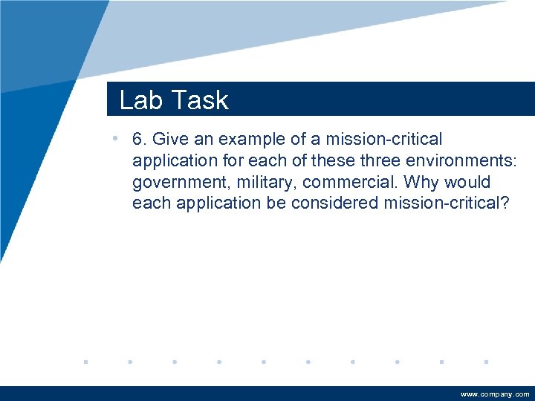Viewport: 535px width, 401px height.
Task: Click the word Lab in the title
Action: point(139,100)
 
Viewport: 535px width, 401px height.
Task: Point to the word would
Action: point(469,182)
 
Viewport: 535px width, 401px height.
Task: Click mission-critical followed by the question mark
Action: point(447,203)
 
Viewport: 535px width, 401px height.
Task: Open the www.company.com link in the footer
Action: point(495,394)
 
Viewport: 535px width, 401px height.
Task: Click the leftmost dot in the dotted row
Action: point(85,362)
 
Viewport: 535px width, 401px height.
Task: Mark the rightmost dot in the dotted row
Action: point(485,362)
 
